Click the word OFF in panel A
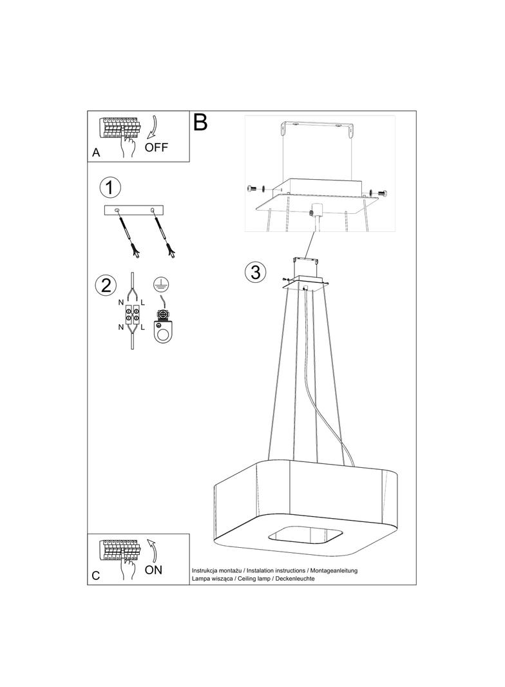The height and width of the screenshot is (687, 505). click(x=156, y=147)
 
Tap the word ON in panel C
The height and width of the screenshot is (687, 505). click(x=153, y=570)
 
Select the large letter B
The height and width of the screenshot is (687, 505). click(x=200, y=122)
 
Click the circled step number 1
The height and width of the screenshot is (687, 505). click(x=110, y=188)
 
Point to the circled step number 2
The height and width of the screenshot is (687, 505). click(x=106, y=285)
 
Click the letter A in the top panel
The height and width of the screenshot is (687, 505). click(x=96, y=153)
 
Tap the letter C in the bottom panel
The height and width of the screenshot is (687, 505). click(x=96, y=576)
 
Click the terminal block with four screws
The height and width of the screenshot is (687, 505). click(x=133, y=314)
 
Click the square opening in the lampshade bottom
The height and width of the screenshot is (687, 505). click(x=305, y=536)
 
